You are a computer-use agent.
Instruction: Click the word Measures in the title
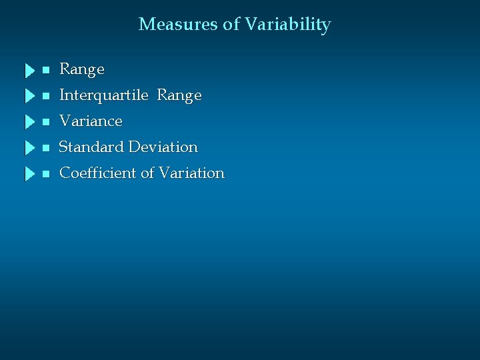tap(178, 25)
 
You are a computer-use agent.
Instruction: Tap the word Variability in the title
tap(287, 25)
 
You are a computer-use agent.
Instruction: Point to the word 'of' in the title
tap(231, 25)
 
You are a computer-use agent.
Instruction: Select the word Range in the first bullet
tap(82, 69)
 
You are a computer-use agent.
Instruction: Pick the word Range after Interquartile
tap(179, 96)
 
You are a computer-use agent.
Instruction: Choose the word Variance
tap(91, 121)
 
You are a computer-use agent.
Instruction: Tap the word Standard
tap(92, 147)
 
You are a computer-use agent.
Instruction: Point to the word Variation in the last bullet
tap(193, 173)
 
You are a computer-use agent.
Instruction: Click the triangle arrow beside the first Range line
tap(29, 70)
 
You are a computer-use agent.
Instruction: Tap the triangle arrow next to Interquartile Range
tap(29, 96)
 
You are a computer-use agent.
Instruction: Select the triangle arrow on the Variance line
tap(29, 122)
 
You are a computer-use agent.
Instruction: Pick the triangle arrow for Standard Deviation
tap(29, 148)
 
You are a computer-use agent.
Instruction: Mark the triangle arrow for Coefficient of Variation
tap(29, 174)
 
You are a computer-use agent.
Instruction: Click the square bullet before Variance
tap(45, 122)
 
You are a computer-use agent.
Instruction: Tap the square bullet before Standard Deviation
tap(45, 148)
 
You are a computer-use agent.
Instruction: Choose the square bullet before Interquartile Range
tap(45, 96)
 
